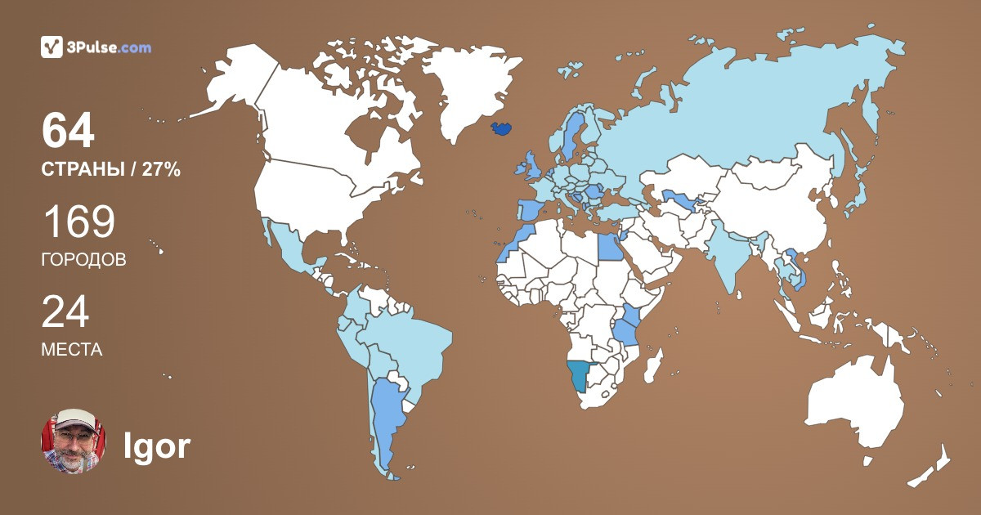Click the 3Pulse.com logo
[96, 47]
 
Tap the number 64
[68, 131]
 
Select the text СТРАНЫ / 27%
[110, 171]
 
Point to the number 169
[78, 222]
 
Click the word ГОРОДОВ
[83, 260]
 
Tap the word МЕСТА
[71, 350]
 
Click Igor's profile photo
[74, 441]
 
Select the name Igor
[156, 446]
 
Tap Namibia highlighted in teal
[580, 376]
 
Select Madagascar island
[653, 365]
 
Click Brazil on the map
[409, 343]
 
